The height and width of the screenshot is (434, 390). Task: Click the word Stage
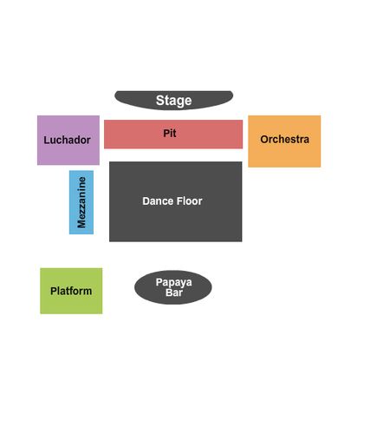click(173, 101)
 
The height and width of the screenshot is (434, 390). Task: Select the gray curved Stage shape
click(173, 100)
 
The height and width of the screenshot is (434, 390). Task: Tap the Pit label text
click(170, 133)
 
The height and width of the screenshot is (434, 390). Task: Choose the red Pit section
click(173, 135)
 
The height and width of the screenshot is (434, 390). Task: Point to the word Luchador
click(67, 140)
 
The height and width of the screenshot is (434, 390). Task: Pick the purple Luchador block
click(68, 141)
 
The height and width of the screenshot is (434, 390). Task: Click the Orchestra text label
click(284, 139)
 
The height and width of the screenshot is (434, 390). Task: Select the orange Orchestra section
click(284, 141)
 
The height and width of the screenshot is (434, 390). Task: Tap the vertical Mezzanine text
click(81, 202)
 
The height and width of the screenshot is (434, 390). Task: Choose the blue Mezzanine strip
click(81, 202)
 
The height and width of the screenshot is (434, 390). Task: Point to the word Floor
click(187, 201)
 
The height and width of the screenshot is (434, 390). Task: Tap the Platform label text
click(71, 291)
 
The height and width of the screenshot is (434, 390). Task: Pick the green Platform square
click(71, 291)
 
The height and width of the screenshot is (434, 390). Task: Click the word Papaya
click(173, 282)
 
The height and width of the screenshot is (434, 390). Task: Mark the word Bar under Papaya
click(174, 293)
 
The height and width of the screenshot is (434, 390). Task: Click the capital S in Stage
click(160, 101)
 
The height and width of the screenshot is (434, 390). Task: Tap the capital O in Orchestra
click(264, 139)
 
